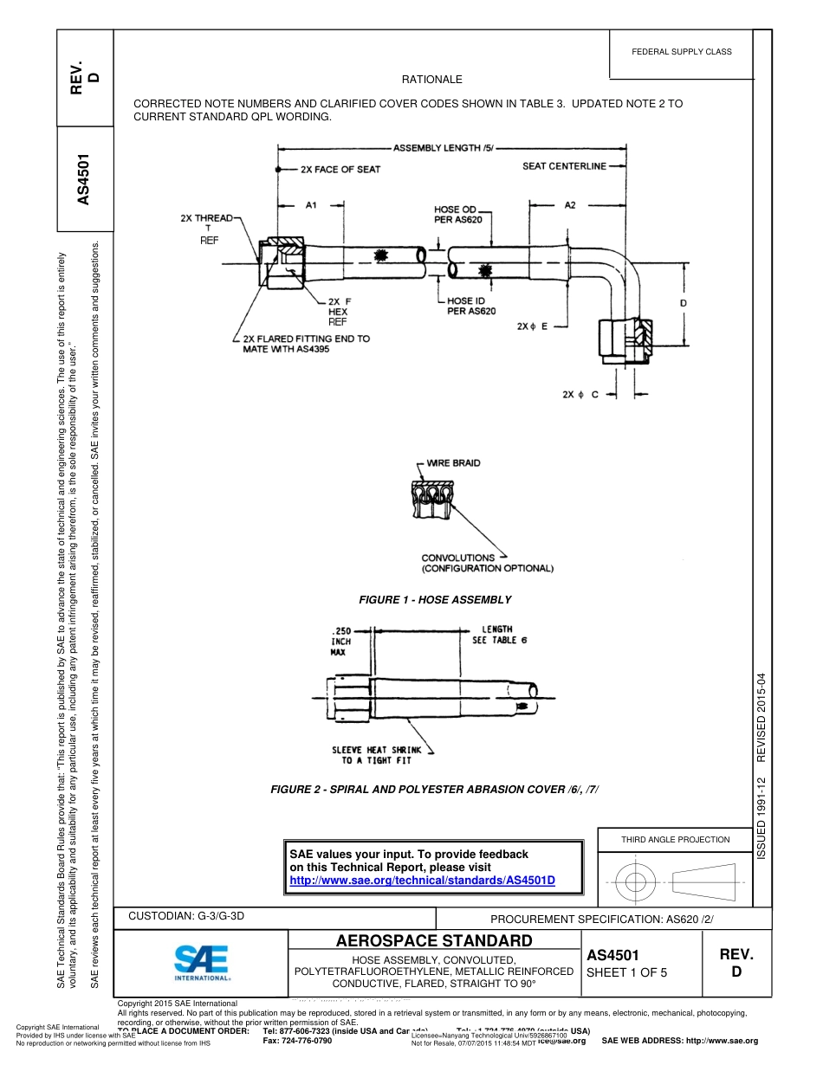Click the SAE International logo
(x=202, y=961)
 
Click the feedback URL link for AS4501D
(x=422, y=880)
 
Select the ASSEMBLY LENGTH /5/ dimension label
(x=443, y=148)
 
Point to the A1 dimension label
(x=311, y=205)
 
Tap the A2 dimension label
(x=570, y=205)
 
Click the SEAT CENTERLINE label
(x=564, y=166)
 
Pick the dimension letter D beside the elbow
(x=684, y=303)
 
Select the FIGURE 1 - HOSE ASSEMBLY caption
(x=435, y=600)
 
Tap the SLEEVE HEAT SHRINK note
(x=377, y=755)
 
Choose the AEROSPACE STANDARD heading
(x=434, y=941)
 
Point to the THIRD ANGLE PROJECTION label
(x=676, y=839)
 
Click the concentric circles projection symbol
(x=636, y=882)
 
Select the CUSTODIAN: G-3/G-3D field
(x=186, y=915)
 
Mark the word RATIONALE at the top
(x=432, y=80)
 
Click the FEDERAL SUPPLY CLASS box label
(x=682, y=52)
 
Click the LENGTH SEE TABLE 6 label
(x=496, y=635)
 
